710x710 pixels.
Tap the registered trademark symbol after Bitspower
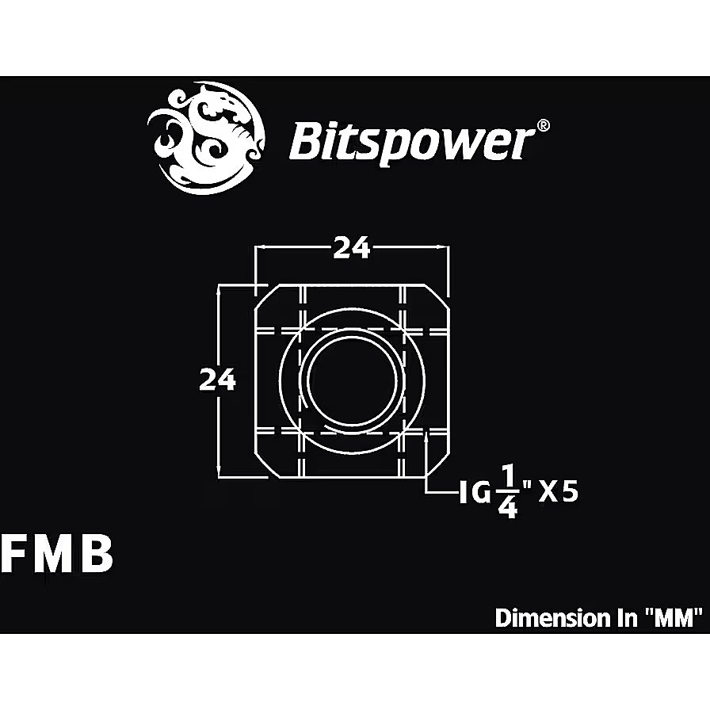[x=544, y=125]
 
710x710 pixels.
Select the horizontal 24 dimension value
[x=352, y=248]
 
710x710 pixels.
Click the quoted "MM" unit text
[x=674, y=618]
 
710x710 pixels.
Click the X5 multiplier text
[x=558, y=493]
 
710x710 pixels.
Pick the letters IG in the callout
[x=475, y=493]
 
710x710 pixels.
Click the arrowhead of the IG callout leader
[x=427, y=436]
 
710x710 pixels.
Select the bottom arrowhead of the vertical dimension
[x=219, y=471]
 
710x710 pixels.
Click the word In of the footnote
[x=626, y=618]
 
